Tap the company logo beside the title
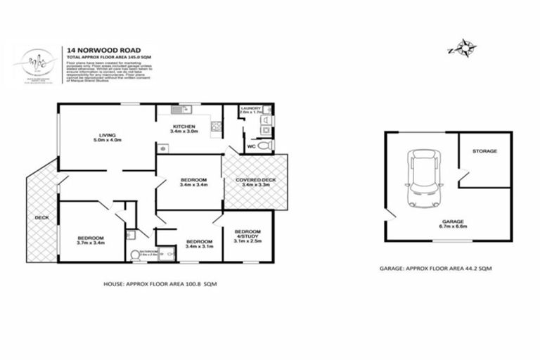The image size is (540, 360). click(x=36, y=64)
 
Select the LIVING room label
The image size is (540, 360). click(x=107, y=136)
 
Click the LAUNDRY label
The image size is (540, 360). click(x=250, y=108)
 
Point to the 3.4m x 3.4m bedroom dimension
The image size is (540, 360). click(x=193, y=185)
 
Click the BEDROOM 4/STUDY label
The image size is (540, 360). click(x=247, y=235)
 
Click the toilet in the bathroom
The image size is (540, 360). click(x=136, y=255)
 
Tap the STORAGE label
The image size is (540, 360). click(x=484, y=151)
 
